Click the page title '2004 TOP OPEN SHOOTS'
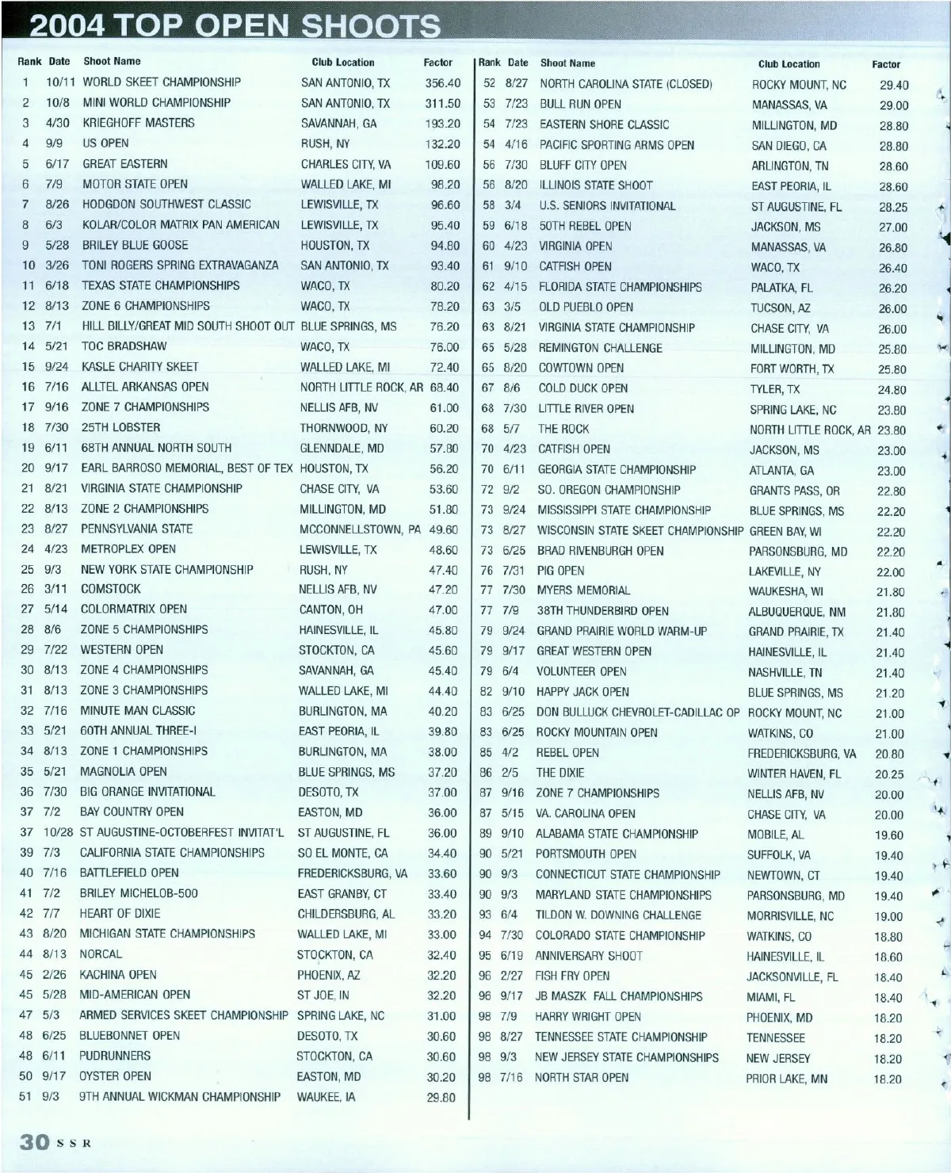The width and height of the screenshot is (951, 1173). click(x=235, y=26)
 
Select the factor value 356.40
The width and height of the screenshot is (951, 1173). click(x=442, y=82)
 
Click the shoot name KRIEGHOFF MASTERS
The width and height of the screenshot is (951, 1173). click(x=138, y=123)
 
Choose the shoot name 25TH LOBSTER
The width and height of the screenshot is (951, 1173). click(x=120, y=427)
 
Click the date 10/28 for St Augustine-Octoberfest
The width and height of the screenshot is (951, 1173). click(x=59, y=832)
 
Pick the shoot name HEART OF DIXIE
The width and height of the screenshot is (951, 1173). click(x=120, y=913)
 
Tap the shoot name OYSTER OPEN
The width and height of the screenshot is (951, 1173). click(x=115, y=1076)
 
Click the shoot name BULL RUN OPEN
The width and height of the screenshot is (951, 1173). click(x=580, y=104)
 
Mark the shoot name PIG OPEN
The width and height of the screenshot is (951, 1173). click(x=560, y=571)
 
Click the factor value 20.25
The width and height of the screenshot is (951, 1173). click(x=889, y=774)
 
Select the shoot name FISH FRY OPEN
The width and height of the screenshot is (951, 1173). click(x=572, y=976)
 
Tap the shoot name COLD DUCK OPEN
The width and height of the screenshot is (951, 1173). click(x=582, y=388)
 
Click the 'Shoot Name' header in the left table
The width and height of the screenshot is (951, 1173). click(x=112, y=61)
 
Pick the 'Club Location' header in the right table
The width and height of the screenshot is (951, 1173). click(x=789, y=64)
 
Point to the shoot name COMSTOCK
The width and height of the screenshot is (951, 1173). click(x=110, y=589)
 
